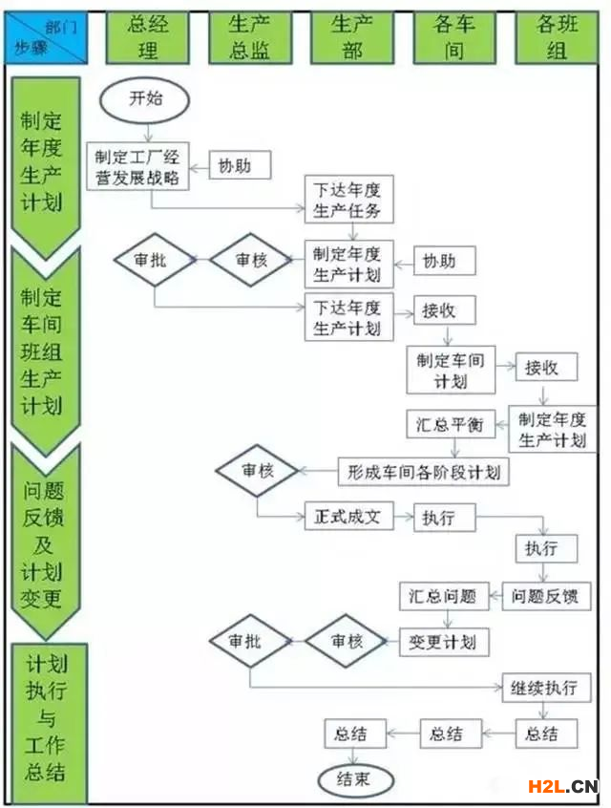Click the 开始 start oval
point(145,99)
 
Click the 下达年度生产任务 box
point(348,200)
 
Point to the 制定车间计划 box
point(451,371)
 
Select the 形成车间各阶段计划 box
point(423,471)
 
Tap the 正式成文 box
point(348,517)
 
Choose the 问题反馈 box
point(547,598)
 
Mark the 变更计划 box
point(442,641)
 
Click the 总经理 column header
point(147,36)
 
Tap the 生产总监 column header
point(249,37)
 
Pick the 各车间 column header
point(454,37)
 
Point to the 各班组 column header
point(557,37)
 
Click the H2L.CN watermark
point(563,786)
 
